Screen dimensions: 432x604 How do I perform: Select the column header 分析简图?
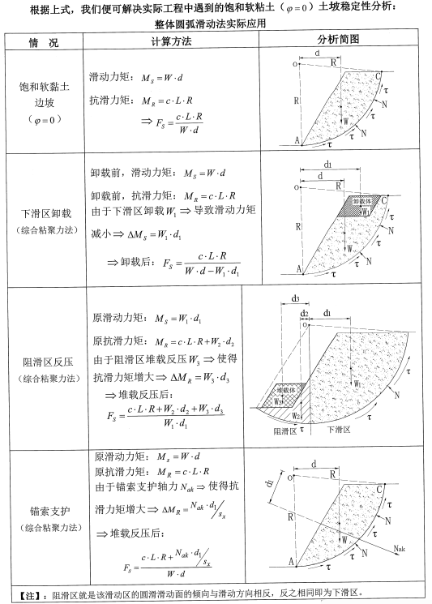[340, 41]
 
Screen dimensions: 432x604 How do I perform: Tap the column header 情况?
[42, 41]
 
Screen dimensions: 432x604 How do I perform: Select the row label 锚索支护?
[41, 512]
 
